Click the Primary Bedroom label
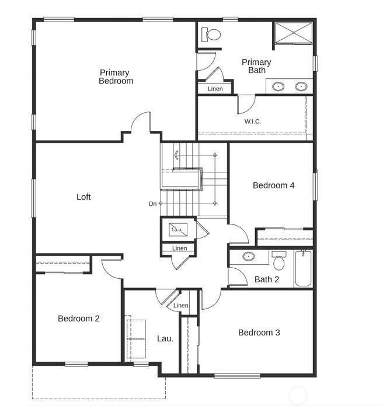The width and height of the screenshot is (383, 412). [116, 77]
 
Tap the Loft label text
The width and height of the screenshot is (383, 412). [83, 197]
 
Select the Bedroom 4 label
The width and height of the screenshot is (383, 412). [274, 185]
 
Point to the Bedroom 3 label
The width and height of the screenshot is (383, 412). [259, 333]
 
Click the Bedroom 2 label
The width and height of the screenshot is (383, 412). [79, 318]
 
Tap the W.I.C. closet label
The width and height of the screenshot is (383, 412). [253, 122]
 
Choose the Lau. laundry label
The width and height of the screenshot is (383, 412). [165, 338]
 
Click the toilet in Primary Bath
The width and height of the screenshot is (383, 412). [211, 34]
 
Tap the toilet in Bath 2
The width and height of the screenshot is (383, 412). [278, 260]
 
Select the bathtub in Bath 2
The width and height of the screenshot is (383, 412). [303, 268]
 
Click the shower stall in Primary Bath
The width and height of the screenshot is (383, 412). [294, 32]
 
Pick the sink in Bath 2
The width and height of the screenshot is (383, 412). [248, 256]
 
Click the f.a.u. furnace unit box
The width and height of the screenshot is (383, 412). [178, 230]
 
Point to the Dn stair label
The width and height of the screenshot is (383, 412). [152, 203]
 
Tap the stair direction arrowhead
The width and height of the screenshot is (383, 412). [176, 155]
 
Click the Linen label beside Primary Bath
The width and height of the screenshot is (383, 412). [215, 89]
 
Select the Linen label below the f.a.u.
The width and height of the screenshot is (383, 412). [180, 248]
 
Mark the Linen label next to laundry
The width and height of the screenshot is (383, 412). [181, 305]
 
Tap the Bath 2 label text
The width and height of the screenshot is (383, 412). [267, 279]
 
